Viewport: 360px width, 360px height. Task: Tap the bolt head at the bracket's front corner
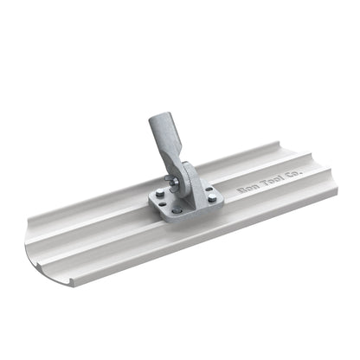point(178,211)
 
